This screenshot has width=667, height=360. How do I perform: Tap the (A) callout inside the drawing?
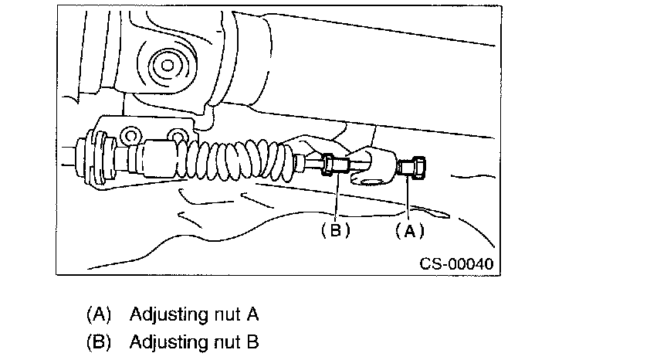(409, 229)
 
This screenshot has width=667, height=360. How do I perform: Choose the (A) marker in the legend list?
(99, 314)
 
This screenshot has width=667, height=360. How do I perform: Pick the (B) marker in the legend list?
(99, 341)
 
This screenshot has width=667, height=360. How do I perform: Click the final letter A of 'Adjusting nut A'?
(252, 314)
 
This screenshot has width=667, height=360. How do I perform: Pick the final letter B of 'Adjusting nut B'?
(252, 341)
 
